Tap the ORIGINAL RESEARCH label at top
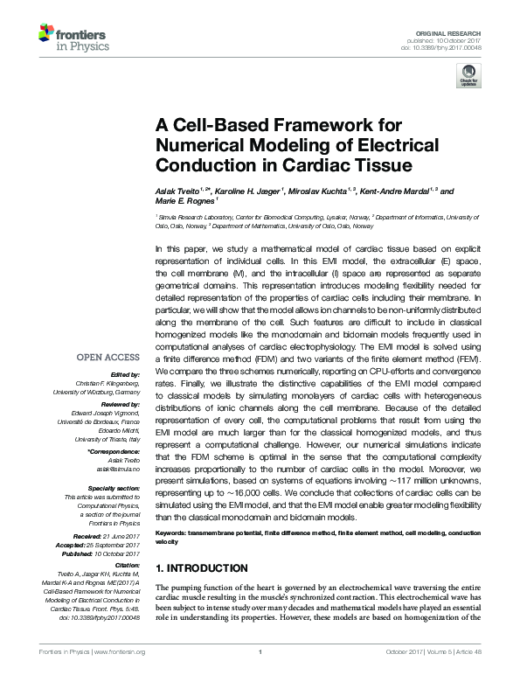[x=461, y=32]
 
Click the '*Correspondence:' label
[x=114, y=450]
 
